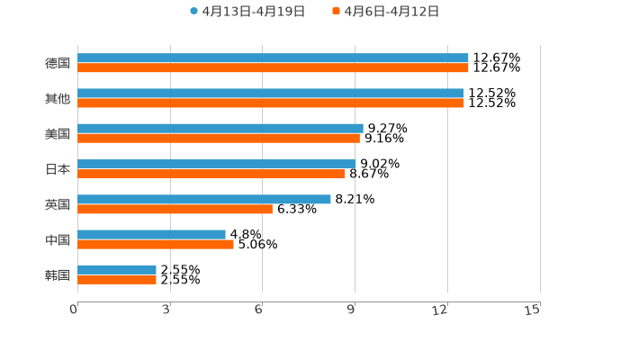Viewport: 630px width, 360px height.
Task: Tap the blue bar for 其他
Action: pos(270,94)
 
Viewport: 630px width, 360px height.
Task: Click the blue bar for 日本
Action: pos(217,164)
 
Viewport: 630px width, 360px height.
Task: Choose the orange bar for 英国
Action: pos(175,210)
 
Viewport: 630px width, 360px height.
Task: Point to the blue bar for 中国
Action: pos(151,234)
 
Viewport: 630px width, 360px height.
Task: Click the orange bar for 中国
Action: pos(156,245)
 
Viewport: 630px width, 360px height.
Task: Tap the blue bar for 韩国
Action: pos(117,269)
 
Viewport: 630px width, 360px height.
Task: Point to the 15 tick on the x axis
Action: pos(533,310)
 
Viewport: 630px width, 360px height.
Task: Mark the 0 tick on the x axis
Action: pos(74,310)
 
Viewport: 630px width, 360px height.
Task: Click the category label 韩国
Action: pos(58,274)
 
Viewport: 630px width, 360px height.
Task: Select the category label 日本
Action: pos(58,169)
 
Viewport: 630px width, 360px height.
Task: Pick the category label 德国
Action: pos(58,63)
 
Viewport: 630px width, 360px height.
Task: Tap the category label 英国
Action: pos(58,204)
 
